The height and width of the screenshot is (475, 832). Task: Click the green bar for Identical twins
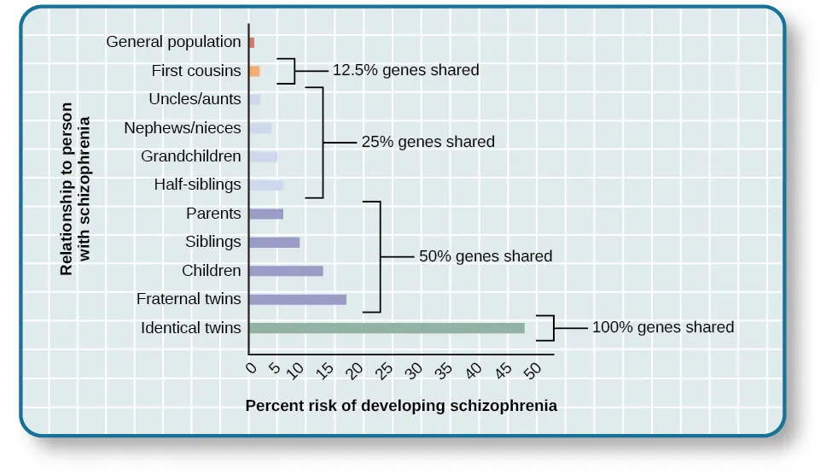387,328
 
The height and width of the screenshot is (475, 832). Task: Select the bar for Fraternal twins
298,300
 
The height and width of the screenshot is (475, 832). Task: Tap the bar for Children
286,271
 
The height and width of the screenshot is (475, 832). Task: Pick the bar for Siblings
274,243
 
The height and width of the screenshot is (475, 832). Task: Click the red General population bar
252,42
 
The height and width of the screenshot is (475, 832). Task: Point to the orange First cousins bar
254,71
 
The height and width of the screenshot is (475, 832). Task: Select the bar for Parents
266,214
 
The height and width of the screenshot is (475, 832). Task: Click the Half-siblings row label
197,185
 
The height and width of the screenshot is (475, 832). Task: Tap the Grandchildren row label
191,156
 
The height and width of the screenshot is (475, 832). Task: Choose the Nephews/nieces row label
183,128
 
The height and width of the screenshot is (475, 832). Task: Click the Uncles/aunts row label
195,99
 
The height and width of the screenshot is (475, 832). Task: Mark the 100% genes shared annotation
662,327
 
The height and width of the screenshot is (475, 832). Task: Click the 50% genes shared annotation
486,256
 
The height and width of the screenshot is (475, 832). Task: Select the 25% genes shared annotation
428,142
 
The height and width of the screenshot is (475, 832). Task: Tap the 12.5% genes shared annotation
405,70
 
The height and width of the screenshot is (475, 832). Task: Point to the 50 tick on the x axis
533,371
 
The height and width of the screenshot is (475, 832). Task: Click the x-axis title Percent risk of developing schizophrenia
401,406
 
